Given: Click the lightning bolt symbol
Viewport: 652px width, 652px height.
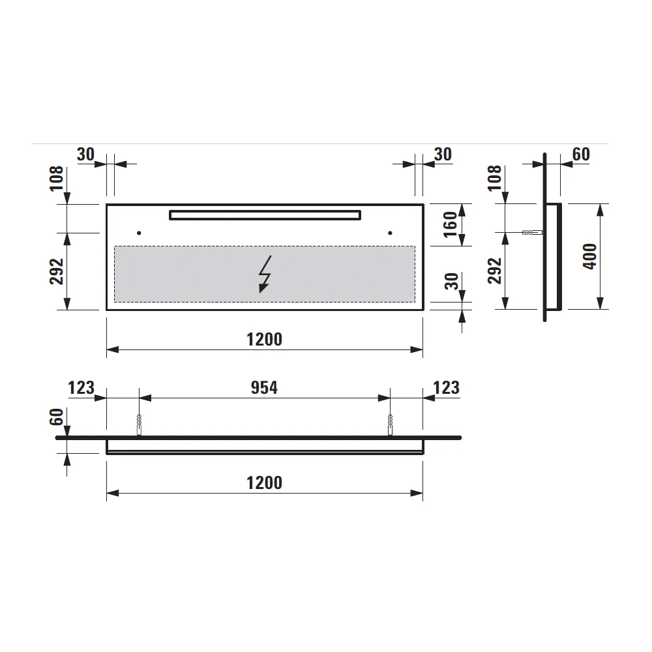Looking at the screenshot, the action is (x=265, y=274).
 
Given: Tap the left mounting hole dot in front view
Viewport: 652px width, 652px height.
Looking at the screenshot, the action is (x=139, y=233).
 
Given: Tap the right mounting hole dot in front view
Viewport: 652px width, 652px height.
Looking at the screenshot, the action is (x=390, y=233).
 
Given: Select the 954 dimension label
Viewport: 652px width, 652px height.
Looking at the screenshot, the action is (x=264, y=387).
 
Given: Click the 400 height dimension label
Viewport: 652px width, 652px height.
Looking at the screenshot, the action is (x=589, y=256).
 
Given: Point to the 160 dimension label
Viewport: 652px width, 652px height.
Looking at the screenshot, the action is (x=451, y=224).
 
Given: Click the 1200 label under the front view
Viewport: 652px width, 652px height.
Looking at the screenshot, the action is (x=265, y=339).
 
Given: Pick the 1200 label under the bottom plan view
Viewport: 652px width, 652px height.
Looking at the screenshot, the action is (x=265, y=482).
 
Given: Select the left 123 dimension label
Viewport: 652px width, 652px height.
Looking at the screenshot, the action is (x=81, y=387).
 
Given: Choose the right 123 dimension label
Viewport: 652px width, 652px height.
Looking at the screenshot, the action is (x=446, y=387).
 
